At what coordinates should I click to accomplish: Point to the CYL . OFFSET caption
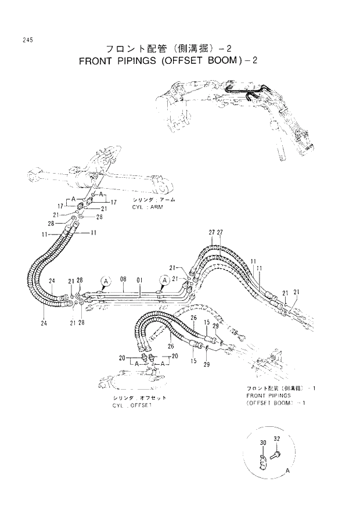(132, 405)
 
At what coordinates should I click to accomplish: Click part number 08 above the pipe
(123, 279)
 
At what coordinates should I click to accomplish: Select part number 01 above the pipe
(139, 279)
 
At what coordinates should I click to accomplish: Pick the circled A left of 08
(105, 281)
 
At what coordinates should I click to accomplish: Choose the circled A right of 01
(165, 281)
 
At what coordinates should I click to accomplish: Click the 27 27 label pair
(215, 233)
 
